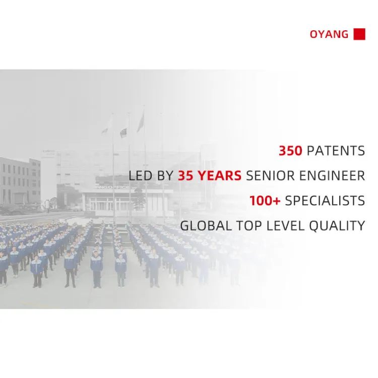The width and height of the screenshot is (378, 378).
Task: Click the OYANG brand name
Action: pos(329,34)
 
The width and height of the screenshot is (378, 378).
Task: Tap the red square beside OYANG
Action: pos(359,34)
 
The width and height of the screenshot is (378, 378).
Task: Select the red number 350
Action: pos(290,151)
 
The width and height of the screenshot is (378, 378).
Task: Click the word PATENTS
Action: pos(336,151)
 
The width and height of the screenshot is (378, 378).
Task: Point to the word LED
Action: pos(140,175)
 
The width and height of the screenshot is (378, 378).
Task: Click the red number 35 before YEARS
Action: pos(185,175)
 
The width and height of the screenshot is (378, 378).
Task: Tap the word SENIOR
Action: pos(270,175)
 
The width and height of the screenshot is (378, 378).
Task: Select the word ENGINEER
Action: pos(332,175)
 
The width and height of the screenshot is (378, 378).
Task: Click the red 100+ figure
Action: pos(265,201)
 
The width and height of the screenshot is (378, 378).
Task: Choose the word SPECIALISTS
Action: pos(325,201)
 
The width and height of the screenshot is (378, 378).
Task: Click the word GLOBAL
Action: pos(206,226)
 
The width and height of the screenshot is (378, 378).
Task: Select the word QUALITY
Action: pos(337,226)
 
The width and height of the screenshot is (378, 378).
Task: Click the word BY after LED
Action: pos(165,175)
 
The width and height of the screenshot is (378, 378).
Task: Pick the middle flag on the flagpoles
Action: pos(123,131)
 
